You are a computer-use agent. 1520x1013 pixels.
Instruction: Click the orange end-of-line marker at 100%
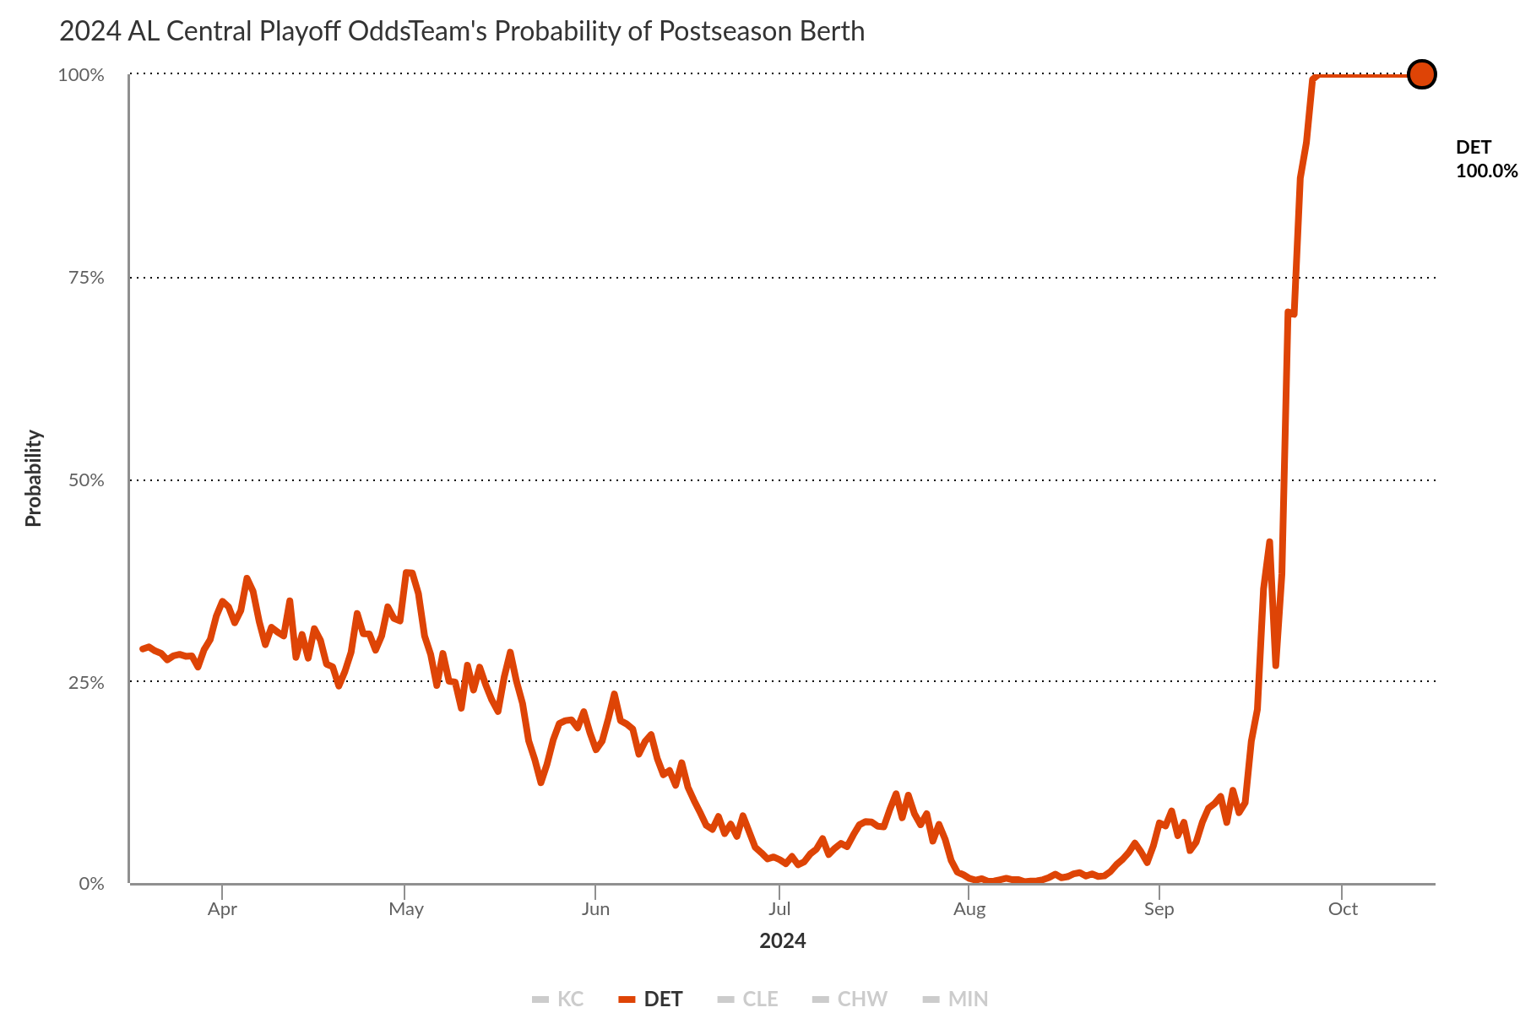tap(1422, 74)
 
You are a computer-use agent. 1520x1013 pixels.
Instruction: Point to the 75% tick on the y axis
tap(85, 278)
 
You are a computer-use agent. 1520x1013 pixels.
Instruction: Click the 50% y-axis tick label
tap(85, 480)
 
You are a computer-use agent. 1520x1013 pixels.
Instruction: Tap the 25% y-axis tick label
tap(85, 682)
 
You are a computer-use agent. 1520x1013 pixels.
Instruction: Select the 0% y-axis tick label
tap(91, 884)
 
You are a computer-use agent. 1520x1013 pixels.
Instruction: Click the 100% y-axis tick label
tap(81, 75)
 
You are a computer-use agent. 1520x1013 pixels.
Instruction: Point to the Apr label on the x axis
tap(222, 909)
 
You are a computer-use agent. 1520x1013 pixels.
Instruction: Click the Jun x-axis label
tap(595, 909)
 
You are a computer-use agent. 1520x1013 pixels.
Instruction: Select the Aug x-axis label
tap(969, 909)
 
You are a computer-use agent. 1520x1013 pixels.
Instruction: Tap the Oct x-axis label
tap(1343, 909)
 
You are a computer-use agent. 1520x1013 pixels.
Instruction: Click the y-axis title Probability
tap(33, 479)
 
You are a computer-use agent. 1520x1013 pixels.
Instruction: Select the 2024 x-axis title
tap(782, 941)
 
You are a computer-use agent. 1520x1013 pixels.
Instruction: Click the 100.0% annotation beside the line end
tap(1486, 171)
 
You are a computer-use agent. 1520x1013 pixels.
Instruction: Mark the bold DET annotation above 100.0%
tap(1474, 148)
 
